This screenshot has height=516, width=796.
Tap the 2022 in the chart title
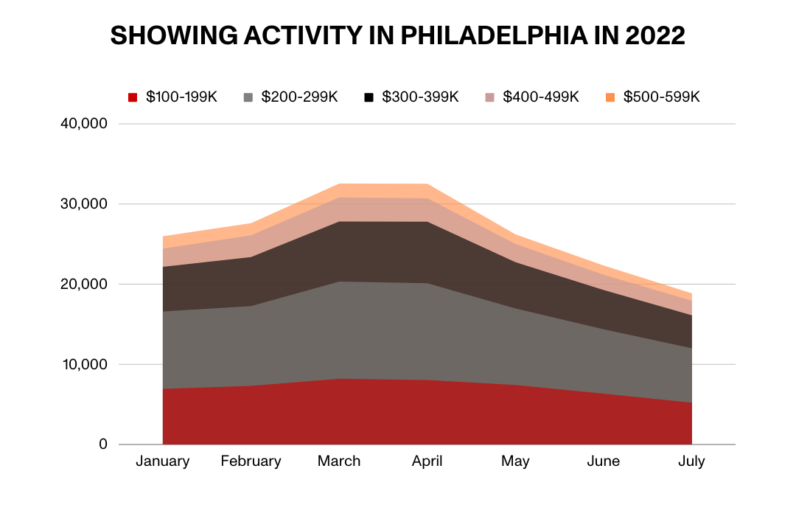(652, 35)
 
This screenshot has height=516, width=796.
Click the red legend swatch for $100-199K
(133, 97)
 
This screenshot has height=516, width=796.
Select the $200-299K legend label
(300, 97)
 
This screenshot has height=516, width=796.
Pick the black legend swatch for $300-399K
(369, 97)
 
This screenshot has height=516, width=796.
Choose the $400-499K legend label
(541, 97)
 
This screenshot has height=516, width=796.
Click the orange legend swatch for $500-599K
(610, 97)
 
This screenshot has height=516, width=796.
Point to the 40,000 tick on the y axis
(83, 124)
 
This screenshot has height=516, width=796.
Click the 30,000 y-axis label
(83, 204)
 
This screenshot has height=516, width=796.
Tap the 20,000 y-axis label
(83, 285)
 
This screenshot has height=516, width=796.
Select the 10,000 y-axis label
(83, 365)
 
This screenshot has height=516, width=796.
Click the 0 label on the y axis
(103, 445)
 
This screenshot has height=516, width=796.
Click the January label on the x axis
(163, 461)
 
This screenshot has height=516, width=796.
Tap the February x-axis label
(251, 461)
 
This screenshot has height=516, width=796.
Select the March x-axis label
(339, 461)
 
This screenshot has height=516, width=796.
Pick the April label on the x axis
(427, 461)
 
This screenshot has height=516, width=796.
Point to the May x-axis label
(515, 461)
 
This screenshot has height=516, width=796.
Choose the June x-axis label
(604, 461)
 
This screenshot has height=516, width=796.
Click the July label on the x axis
(691, 461)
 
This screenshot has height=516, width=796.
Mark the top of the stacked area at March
(339, 184)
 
